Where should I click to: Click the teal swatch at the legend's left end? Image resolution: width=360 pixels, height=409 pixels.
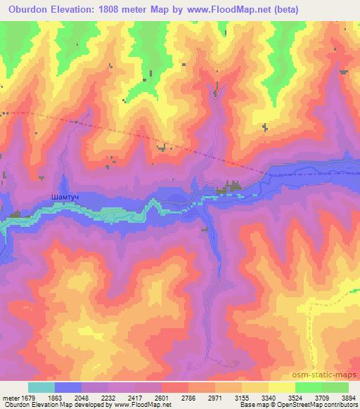(x=41, y=387)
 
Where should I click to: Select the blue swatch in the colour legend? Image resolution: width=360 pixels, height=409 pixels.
(x=68, y=387)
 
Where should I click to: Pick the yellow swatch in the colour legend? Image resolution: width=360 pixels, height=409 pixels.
(x=281, y=387)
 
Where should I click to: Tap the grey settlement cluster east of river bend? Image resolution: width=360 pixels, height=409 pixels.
(x=231, y=188)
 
